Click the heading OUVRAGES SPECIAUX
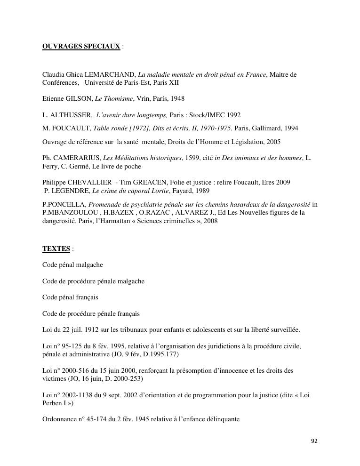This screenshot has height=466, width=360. tap(81, 47)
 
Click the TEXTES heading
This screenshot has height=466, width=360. tap(56, 249)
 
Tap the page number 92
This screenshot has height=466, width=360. tap(314, 441)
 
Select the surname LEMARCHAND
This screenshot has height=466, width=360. tap(110, 74)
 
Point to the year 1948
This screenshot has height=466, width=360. tap(177, 98)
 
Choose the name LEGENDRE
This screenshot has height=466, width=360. tap(71, 191)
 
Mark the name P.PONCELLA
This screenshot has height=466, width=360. tap(64, 204)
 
